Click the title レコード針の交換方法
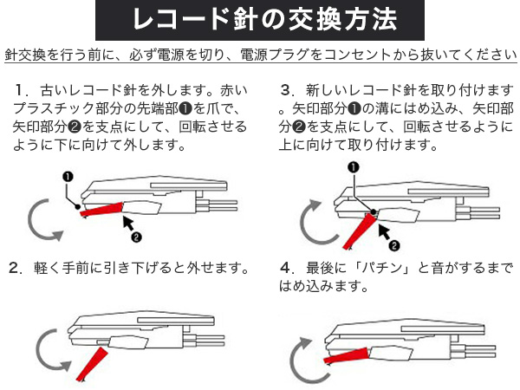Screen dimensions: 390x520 click(x=259, y=19)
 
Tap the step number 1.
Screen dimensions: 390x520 click(x=21, y=90)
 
